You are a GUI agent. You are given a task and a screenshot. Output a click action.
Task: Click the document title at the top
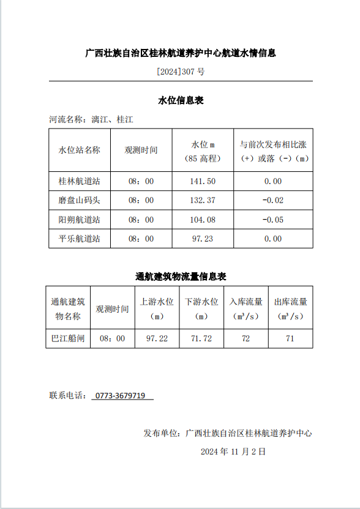pos(180,53)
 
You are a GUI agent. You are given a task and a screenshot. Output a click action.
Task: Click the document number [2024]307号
pos(180,72)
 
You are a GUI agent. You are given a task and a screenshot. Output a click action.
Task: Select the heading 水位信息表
pos(180,100)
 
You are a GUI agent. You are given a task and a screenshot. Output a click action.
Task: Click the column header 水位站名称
pos(80,150)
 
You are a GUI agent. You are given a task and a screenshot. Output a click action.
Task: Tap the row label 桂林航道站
pos(80,181)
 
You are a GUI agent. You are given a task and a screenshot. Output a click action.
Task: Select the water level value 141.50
pos(203,181)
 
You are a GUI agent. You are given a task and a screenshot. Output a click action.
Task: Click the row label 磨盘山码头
pos(80,200)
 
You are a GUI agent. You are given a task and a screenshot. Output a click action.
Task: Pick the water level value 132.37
pos(203,200)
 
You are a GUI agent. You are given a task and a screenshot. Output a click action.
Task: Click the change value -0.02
pos(272,200)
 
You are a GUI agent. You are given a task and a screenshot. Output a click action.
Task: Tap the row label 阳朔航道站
pos(80,220)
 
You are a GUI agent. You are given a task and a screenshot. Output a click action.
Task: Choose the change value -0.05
pos(272,220)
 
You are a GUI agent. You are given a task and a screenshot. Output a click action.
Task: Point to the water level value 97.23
pos(203,239)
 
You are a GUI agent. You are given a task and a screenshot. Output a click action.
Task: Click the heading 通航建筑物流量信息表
pos(180,277)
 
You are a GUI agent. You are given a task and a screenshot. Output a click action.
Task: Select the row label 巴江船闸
pos(68,338)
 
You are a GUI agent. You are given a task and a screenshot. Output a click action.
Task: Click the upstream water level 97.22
pos(157,338)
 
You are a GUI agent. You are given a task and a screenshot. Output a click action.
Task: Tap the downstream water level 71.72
pos(201,338)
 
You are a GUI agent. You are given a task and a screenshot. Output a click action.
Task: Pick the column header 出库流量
pos(290,309)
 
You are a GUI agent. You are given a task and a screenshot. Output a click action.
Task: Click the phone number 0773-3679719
pos(122,396)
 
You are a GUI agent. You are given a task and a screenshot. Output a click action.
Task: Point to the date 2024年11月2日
pos(233,451)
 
